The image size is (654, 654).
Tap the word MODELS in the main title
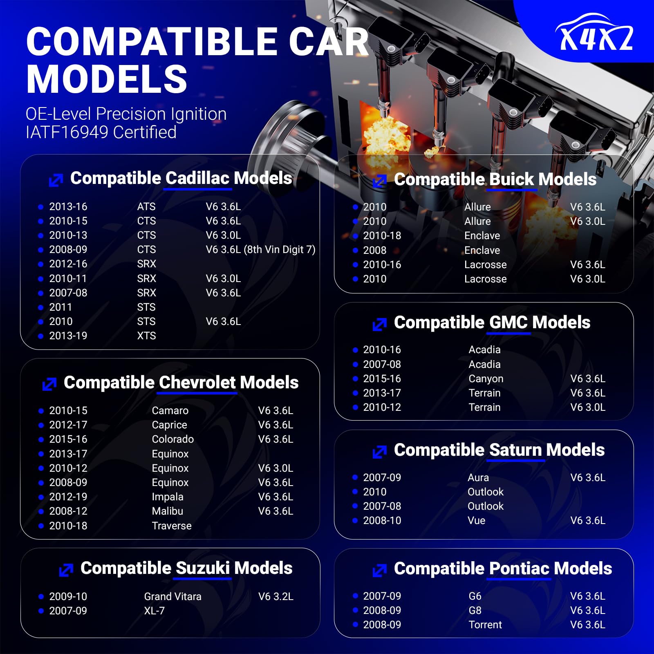pos(107,79)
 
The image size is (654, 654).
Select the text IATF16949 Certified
pos(101,132)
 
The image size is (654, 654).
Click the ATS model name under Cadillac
pos(146,207)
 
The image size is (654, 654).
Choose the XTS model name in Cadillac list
pos(146,336)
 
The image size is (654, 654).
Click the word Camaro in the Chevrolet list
pos(170,411)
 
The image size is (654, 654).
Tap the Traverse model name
pos(172,526)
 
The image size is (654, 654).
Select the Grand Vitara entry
pos(172,597)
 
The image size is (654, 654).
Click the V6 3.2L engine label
pos(276,597)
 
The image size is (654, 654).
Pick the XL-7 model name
pos(154,611)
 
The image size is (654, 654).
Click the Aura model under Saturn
pos(478,478)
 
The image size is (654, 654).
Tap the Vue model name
pos(477,521)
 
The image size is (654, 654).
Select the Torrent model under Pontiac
pos(485,625)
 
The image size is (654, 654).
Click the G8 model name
pos(475,611)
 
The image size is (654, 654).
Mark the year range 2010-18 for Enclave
pos(382,236)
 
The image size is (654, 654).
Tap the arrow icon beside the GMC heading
pos(380,325)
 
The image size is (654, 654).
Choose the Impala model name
pos(168,497)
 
